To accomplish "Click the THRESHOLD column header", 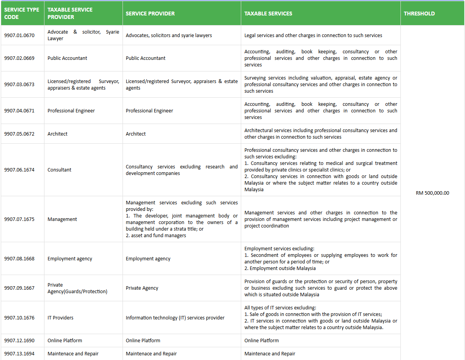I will tap(419, 14).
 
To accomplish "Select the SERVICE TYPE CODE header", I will tap(22, 14).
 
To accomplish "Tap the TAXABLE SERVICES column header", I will tap(268, 14).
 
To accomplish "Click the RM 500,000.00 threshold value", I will tap(432, 193).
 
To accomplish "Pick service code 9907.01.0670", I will tap(19, 36).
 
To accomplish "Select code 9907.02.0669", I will tap(19, 58).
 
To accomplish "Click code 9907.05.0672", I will tap(19, 134).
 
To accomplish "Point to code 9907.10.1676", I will tap(19, 318).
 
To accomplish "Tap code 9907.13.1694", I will tap(19, 354).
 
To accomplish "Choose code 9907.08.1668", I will tap(19, 259).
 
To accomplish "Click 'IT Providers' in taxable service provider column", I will tap(60, 318).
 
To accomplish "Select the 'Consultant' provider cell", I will tap(60, 170).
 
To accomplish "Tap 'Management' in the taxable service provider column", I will tap(62, 219).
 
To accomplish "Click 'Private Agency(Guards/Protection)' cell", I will tap(77, 288).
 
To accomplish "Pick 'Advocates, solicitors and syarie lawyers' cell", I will tap(169, 36).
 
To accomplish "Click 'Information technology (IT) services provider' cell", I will tap(175, 318).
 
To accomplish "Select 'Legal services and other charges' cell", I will tap(313, 36).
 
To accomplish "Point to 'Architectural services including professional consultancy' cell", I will tap(320, 134).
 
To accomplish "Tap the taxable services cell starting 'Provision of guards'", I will tap(320, 288).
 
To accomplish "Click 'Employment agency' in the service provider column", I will tap(148, 259).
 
